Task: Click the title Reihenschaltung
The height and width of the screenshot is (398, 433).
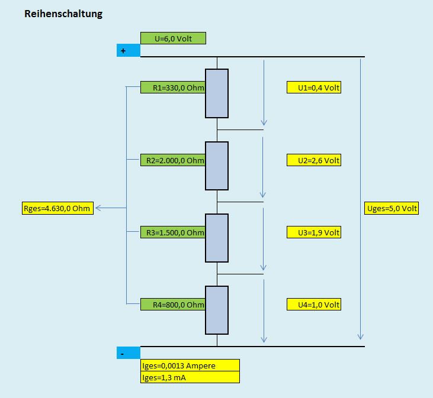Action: click(x=63, y=14)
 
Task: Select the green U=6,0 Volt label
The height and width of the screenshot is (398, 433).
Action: click(x=173, y=38)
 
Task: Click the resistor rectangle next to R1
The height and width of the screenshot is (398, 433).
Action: click(x=217, y=93)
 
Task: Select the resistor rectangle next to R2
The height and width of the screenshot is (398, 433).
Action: click(x=217, y=166)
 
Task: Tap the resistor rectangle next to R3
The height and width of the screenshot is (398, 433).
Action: click(x=217, y=238)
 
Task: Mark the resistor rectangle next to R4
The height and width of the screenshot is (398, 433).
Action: click(x=217, y=310)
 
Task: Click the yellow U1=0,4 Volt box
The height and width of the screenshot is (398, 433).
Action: click(x=314, y=88)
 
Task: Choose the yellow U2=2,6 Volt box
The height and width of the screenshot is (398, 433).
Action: click(x=314, y=160)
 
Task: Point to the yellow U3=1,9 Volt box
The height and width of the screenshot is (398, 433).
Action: click(x=314, y=232)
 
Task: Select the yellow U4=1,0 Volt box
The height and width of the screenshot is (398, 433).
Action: click(x=314, y=305)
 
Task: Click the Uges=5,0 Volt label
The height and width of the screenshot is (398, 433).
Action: click(x=393, y=208)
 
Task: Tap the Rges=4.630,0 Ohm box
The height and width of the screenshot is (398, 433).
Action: click(x=57, y=208)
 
